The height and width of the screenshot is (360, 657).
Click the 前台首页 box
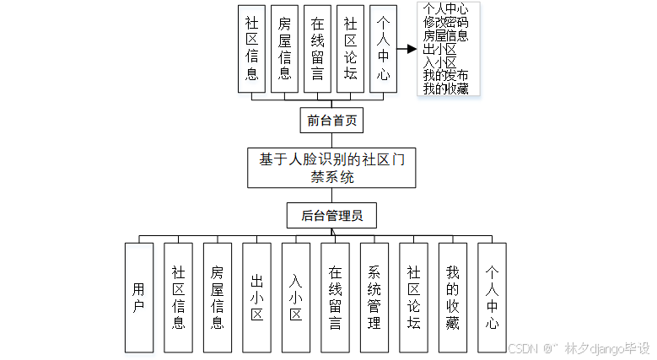coord(331,121)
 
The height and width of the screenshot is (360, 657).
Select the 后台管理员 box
coord(331,216)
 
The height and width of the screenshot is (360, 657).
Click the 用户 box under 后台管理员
coord(139,297)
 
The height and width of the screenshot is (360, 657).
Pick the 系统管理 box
coord(374,297)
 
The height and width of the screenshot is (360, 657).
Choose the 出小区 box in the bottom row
coord(256,297)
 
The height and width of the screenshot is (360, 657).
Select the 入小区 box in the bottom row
coord(295,297)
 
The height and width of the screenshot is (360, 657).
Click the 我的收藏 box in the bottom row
coord(452,297)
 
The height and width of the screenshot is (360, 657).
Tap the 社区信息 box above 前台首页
coord(251,49)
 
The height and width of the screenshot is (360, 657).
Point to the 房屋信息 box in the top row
coord(284,49)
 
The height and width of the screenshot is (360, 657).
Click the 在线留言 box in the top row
coord(317,49)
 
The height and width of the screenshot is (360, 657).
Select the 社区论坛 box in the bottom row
coord(413,297)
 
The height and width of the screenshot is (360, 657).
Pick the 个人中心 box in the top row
coord(383,49)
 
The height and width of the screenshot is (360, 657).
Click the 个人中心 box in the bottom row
coord(492,297)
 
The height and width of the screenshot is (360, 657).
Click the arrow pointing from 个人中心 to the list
coord(407,49)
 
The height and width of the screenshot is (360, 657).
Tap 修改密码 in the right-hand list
coord(446,23)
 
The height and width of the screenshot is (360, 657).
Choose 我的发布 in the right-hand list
coord(446,75)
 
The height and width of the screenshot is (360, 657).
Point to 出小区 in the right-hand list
coord(439,49)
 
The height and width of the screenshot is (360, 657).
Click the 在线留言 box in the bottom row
coord(335,297)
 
